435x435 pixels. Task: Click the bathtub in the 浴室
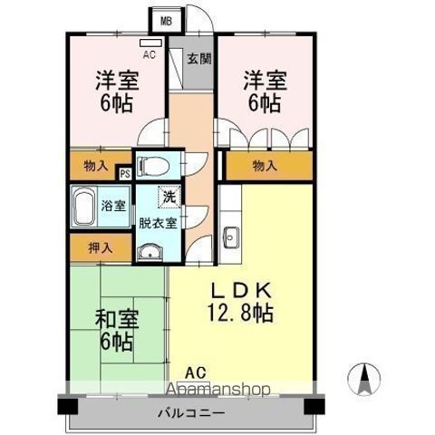(x=84, y=209)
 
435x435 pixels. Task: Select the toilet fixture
(x=155, y=166)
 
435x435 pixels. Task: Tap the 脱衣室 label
(x=159, y=220)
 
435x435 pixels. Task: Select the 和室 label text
(x=116, y=319)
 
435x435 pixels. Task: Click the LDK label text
(x=240, y=292)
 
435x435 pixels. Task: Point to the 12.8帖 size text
(x=240, y=314)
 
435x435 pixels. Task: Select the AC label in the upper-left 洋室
(x=150, y=54)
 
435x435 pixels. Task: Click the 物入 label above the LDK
(x=265, y=167)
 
